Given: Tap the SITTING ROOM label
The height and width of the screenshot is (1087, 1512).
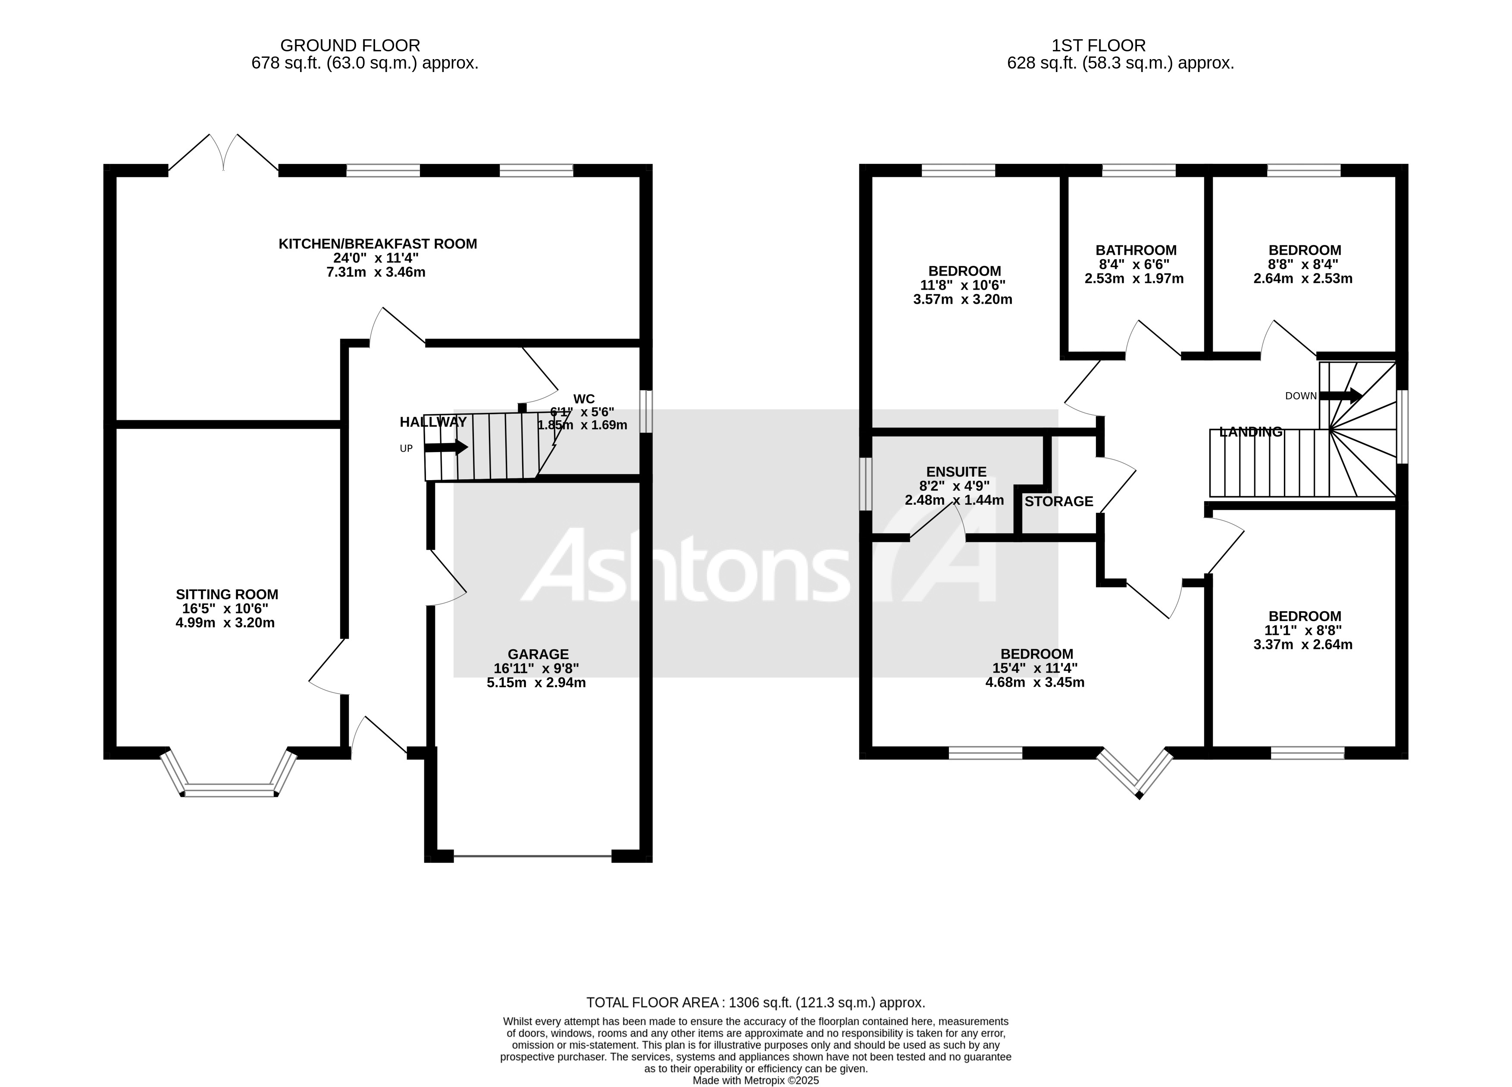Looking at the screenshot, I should pyautogui.click(x=227, y=594).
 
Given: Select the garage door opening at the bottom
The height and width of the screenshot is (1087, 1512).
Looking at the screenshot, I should pyautogui.click(x=532, y=856).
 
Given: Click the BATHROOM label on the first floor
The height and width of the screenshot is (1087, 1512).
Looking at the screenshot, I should pyautogui.click(x=1136, y=250).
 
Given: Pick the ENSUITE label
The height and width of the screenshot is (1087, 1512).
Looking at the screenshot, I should pyautogui.click(x=956, y=471).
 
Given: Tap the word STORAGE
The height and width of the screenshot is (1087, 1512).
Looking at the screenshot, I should pyautogui.click(x=1059, y=502).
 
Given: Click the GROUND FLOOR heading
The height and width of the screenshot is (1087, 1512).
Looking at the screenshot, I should pyautogui.click(x=350, y=45).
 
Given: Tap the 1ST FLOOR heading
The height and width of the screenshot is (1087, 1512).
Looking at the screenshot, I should pyautogui.click(x=1098, y=45).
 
